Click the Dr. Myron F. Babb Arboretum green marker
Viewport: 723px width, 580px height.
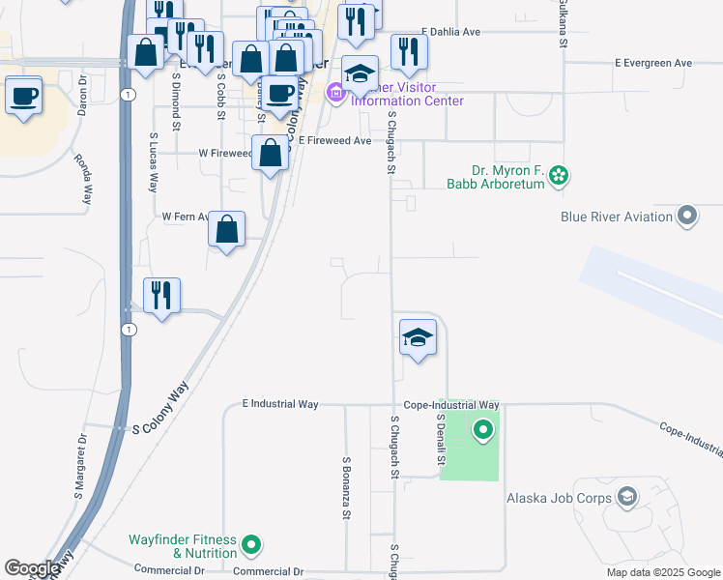pos(558,176)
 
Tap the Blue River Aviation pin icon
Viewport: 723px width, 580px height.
pos(687,216)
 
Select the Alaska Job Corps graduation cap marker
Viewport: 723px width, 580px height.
pos(626,498)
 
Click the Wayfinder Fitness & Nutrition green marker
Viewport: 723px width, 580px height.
pos(251,546)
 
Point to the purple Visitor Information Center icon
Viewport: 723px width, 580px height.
pos(336,94)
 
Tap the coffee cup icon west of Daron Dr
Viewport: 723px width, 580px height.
pos(23,97)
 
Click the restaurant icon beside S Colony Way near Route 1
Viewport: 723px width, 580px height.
pos(162,295)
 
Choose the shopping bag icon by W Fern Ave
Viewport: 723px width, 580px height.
pos(226,230)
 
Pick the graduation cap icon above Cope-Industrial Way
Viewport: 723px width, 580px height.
pos(418,338)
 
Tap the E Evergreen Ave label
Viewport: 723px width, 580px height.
pos(653,63)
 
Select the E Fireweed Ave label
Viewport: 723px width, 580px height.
pos(334,141)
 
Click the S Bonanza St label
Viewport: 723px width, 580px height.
pos(346,487)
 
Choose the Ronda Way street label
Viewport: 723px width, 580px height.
pos(86,181)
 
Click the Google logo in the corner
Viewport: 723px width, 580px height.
pos(32,568)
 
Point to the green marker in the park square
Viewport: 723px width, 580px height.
pos(482,430)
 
